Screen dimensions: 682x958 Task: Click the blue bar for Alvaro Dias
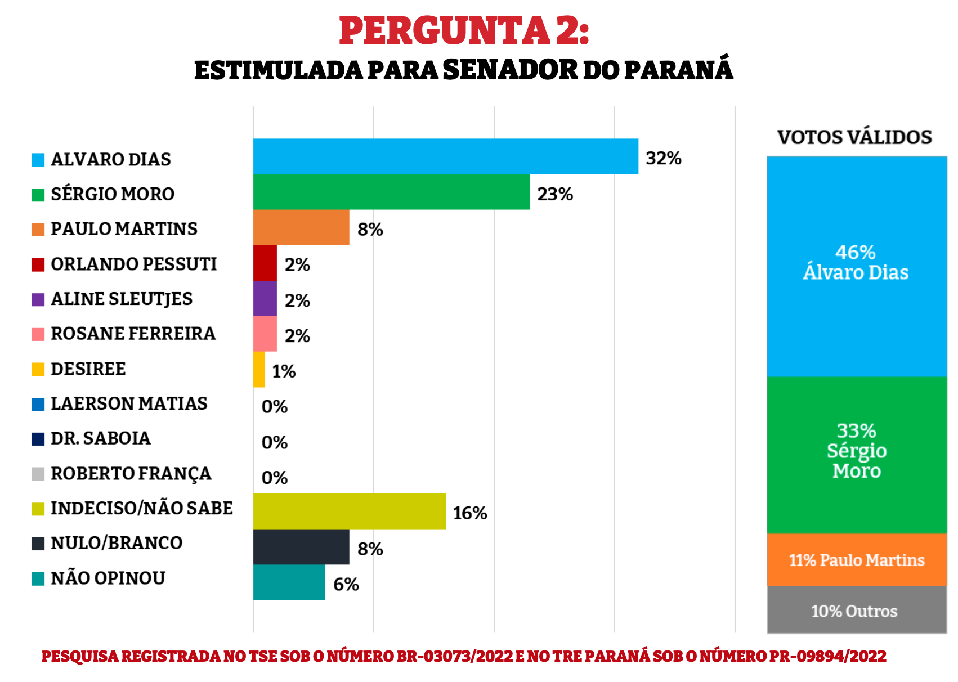point(445,156)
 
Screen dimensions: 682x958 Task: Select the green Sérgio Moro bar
point(391,192)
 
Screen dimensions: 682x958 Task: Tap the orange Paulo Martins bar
point(301,227)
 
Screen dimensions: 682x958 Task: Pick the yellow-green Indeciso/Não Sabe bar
point(350,511)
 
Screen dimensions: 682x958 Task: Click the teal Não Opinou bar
point(289,582)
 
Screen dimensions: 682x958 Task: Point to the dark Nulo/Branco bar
point(301,547)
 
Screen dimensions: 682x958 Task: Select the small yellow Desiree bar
point(259,370)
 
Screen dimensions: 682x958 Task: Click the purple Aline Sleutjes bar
point(265,299)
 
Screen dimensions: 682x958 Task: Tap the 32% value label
point(664,159)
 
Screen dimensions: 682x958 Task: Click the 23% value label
point(555,194)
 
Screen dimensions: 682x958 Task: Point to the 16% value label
point(470,513)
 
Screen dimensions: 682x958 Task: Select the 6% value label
point(346,584)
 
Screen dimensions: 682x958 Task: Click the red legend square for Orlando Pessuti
point(38,264)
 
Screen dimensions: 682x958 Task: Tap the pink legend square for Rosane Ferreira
point(38,334)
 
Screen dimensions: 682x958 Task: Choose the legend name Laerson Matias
point(129,403)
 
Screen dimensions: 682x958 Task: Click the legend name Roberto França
point(131,473)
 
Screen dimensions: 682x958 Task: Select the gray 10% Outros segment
point(856,610)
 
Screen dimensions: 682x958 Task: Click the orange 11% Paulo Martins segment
point(856,560)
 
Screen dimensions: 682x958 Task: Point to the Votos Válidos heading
point(854,137)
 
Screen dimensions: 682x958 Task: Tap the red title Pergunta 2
point(464,30)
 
